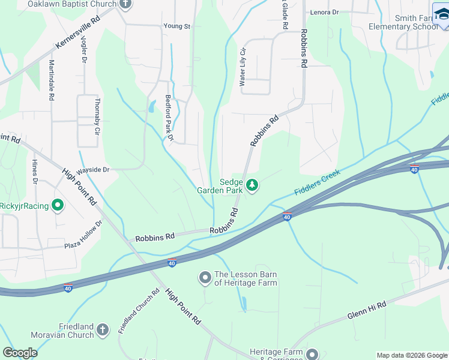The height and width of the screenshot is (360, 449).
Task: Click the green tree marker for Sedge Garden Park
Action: pyautogui.click(x=253, y=185)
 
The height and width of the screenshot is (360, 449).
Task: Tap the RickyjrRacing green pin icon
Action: pyautogui.click(x=58, y=206)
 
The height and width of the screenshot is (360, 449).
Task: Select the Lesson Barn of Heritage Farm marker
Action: pyautogui.click(x=205, y=277)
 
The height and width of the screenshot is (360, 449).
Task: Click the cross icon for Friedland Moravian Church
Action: pyautogui.click(x=103, y=330)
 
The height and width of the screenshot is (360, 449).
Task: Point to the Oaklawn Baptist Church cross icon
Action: pyautogui.click(x=125, y=4)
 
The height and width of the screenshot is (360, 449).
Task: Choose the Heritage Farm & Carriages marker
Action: pyautogui.click(x=312, y=354)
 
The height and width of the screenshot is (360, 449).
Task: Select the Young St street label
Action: pyautogui.click(x=176, y=26)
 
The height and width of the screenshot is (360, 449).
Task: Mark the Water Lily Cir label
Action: pyautogui.click(x=243, y=67)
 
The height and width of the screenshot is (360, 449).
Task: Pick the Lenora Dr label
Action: pyautogui.click(x=324, y=12)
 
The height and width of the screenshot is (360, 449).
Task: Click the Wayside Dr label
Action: pyautogui.click(x=92, y=170)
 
